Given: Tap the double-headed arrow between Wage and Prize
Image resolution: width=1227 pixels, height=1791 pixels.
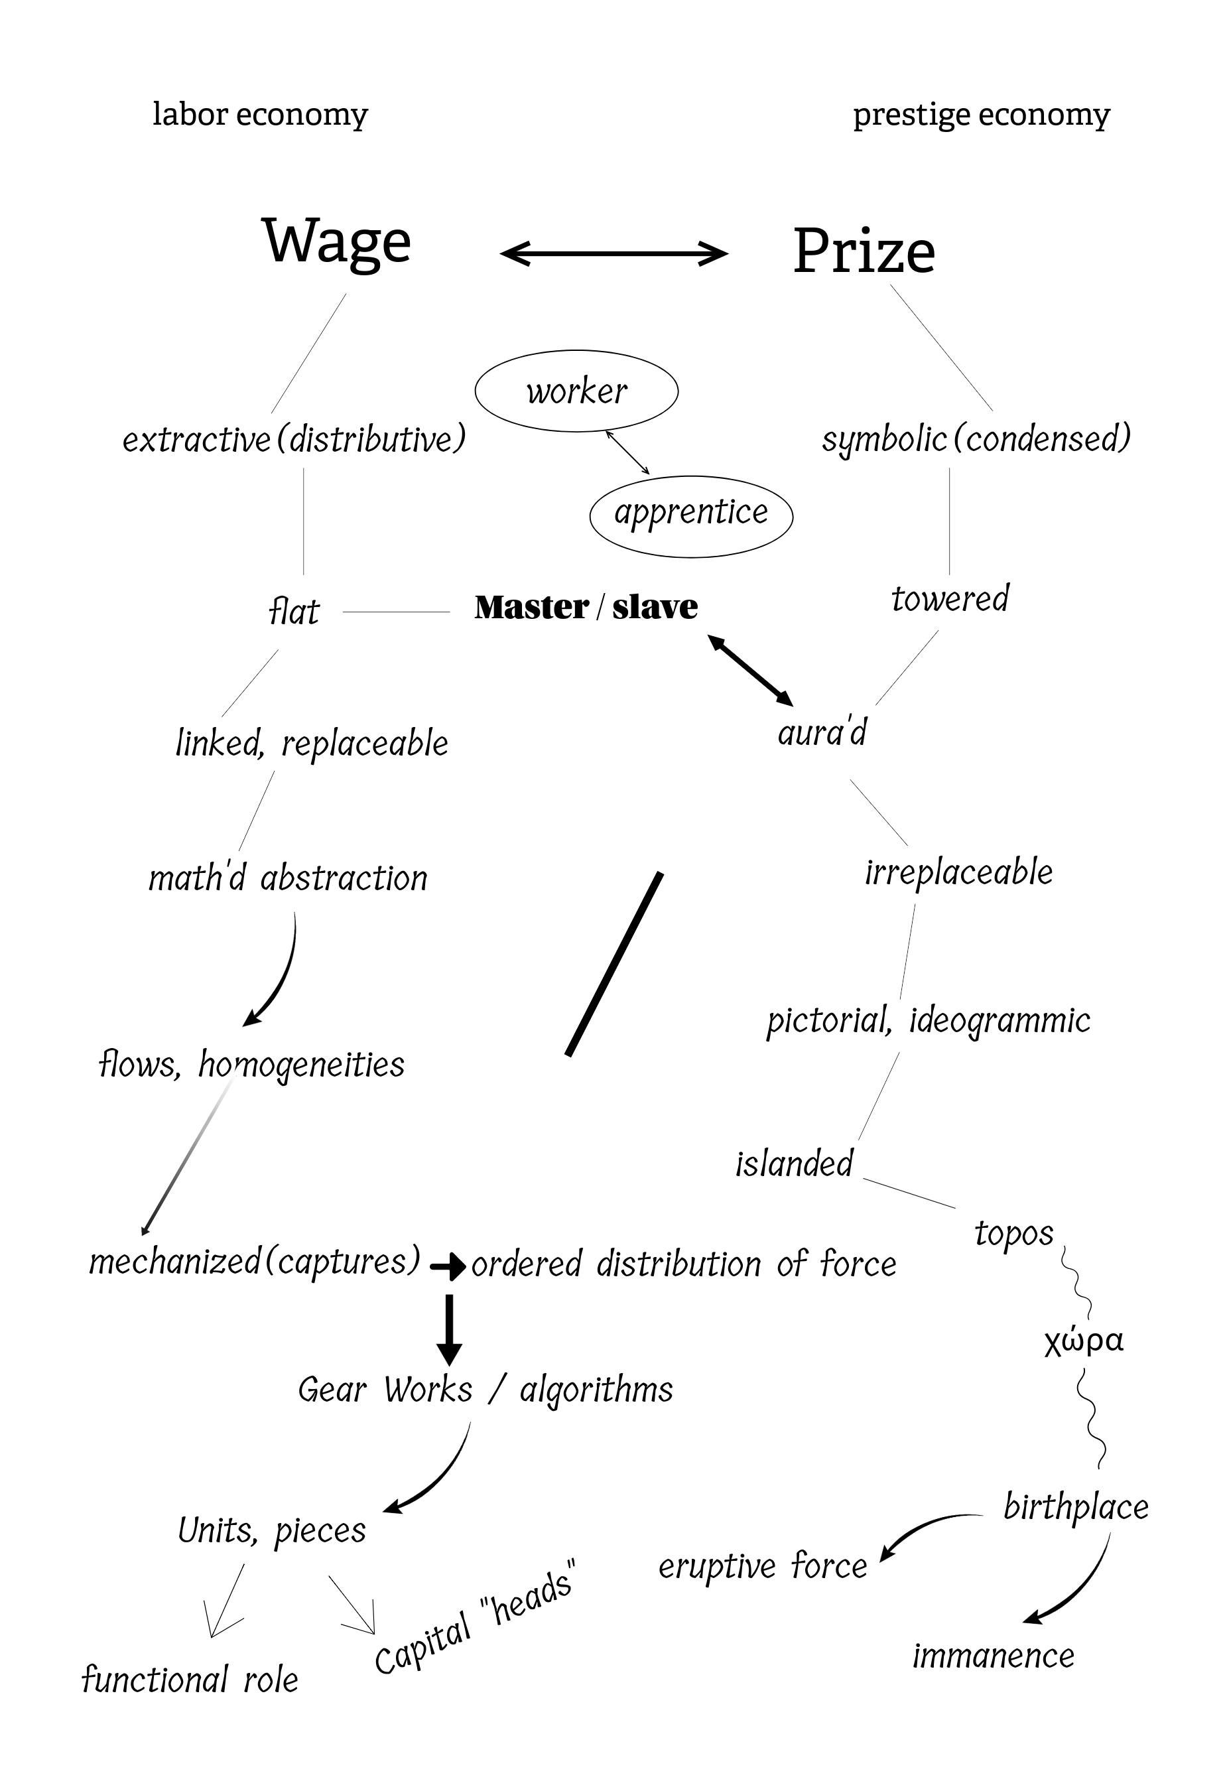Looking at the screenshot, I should pyautogui.click(x=613, y=253).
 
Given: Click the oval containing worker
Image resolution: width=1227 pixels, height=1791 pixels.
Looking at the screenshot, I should pyautogui.click(x=576, y=391).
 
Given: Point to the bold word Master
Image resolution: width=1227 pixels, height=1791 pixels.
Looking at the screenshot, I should pyautogui.click(x=531, y=607).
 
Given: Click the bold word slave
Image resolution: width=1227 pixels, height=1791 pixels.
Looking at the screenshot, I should pyautogui.click(x=655, y=607).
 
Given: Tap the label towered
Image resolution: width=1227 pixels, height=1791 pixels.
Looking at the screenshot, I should pyautogui.click(x=950, y=599).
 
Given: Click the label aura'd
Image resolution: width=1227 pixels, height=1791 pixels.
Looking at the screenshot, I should pyautogui.click(x=822, y=732).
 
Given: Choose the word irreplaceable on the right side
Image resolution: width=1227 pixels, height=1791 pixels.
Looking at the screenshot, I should pyautogui.click(x=958, y=872).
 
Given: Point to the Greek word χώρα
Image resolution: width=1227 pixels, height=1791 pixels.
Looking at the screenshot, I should pyautogui.click(x=1083, y=1341).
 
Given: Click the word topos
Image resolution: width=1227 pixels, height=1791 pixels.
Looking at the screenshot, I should pyautogui.click(x=1013, y=1234).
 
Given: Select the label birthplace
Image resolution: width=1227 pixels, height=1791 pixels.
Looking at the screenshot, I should pyautogui.click(x=1075, y=1506).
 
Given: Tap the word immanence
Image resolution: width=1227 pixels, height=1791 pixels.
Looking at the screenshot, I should pyautogui.click(x=993, y=1656).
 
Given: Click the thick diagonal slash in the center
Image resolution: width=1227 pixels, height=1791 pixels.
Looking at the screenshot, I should pyautogui.click(x=614, y=963).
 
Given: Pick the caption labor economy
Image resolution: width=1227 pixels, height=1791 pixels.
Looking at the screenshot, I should pyautogui.click(x=261, y=114).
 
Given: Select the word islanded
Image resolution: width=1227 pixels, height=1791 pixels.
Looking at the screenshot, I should pyautogui.click(x=794, y=1163).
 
